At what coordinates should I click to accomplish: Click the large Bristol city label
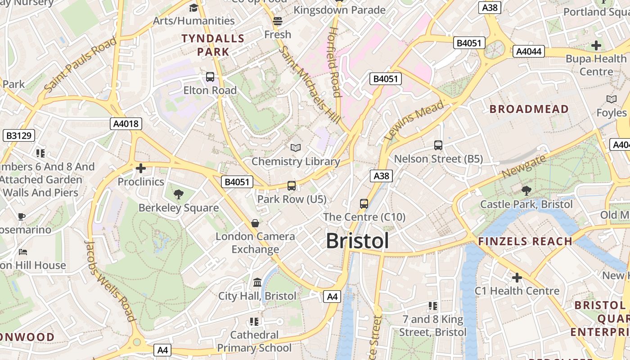point(357,241)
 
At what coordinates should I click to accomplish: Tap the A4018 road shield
point(126,124)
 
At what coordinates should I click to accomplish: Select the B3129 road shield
point(19,135)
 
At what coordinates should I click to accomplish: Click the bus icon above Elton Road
point(210,77)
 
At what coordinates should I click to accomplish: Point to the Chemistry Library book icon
point(295,148)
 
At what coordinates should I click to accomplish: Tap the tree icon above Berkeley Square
point(179,194)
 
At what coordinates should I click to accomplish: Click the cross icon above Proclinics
point(141,169)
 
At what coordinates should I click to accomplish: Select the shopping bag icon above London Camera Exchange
point(255,223)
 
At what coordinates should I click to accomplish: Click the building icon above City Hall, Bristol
point(257,283)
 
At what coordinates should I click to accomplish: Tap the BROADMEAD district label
point(529,109)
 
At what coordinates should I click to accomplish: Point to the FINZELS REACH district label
point(525,241)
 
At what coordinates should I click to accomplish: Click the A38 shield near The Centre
point(381,176)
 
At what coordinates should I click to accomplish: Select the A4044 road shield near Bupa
point(528,51)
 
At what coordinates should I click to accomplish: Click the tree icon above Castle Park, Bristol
point(526,191)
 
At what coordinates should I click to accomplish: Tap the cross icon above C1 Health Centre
point(517,278)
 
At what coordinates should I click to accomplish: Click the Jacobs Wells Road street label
point(110,281)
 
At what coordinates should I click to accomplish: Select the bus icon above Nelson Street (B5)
point(438,145)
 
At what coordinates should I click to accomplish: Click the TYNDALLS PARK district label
point(213,45)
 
